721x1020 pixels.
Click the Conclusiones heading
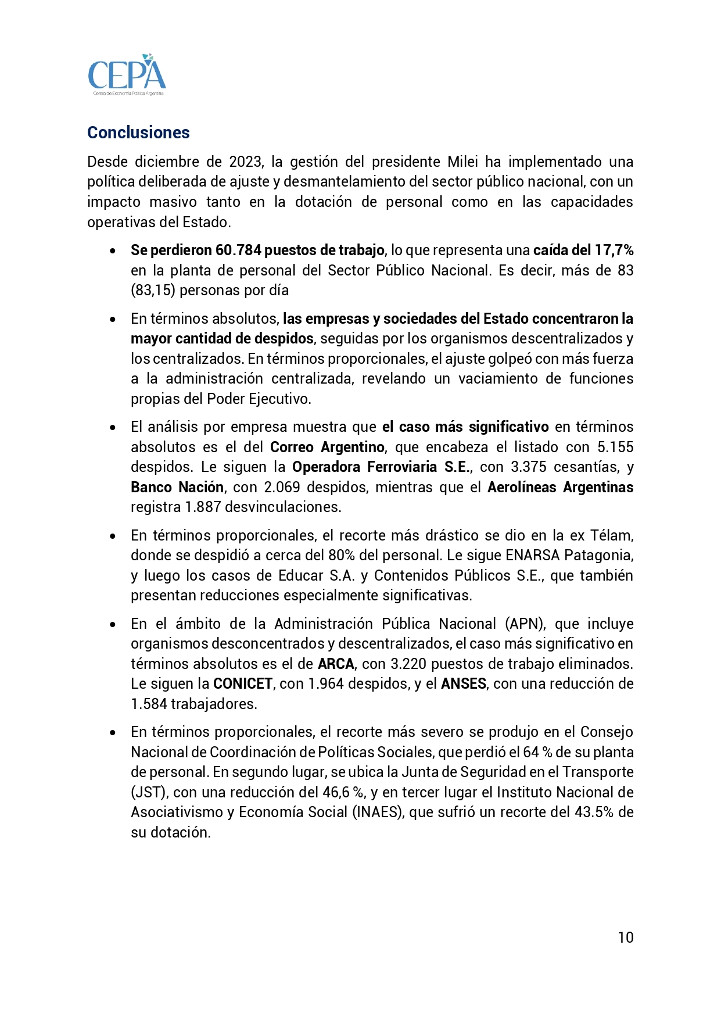[x=138, y=133]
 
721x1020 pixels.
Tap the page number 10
[x=626, y=937]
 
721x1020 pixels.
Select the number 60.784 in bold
[x=238, y=250]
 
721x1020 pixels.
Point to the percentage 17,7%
[x=614, y=250]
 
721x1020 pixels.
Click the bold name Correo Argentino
[x=327, y=447]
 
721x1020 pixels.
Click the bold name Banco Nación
[x=177, y=487]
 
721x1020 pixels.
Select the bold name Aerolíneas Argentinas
[x=560, y=487]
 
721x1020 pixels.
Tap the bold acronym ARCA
[x=336, y=664]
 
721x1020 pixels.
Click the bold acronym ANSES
[x=463, y=683]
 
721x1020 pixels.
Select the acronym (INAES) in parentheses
[x=376, y=812]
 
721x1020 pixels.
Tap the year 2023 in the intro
[x=245, y=162]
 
